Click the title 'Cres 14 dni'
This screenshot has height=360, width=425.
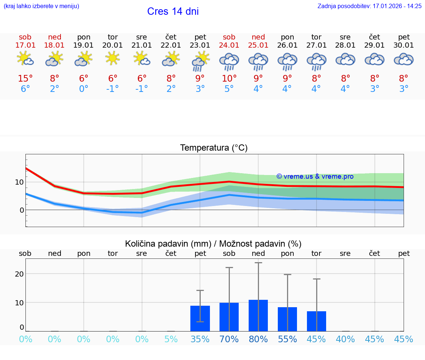coord(173,11)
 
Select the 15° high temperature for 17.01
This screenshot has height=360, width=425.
coord(25,79)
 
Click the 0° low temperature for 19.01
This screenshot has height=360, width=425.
coord(84,89)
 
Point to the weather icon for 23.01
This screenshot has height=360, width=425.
coord(200,61)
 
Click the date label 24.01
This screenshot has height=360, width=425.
coord(229,45)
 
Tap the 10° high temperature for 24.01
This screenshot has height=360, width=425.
coord(229,79)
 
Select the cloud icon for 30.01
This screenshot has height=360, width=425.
coord(404,59)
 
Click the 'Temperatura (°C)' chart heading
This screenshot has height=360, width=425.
coord(214,148)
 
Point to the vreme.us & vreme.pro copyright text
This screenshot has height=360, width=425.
coord(315,176)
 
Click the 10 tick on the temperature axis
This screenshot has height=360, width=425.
coord(19,182)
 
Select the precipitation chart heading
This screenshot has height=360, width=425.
coord(213,244)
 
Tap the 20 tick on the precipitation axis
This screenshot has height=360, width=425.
coord(19,274)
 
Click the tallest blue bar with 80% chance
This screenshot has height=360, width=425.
coord(258,316)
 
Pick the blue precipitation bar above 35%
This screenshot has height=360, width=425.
coord(200,318)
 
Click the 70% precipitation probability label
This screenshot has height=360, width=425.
coord(229,339)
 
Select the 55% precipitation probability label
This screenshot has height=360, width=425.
coord(287,339)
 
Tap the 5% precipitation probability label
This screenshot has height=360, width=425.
coord(171,339)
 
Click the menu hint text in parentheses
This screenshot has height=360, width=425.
coord(41,6)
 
